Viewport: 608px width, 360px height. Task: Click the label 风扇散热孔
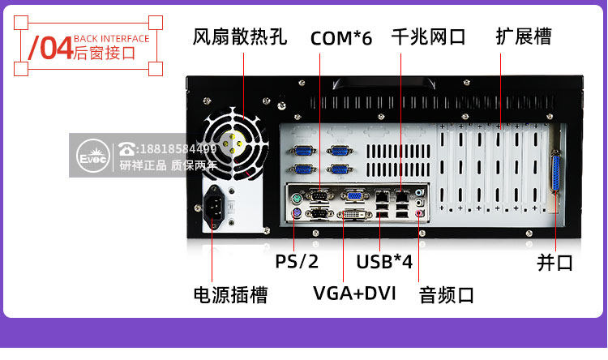pyautogui.click(x=240, y=36)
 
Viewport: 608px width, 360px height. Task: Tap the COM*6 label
pyautogui.click(x=341, y=38)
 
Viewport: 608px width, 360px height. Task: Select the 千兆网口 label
pyautogui.click(x=429, y=36)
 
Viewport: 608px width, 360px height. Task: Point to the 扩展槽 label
pyautogui.click(x=524, y=36)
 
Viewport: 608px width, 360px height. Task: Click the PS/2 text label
pyautogui.click(x=297, y=261)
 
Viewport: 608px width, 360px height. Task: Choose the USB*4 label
pyautogui.click(x=384, y=262)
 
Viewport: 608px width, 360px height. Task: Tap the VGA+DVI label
pyautogui.click(x=354, y=294)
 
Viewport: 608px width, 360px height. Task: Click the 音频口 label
pyautogui.click(x=447, y=295)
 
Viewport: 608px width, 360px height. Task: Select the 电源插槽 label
pyautogui.click(x=231, y=295)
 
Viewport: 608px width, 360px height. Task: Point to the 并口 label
pyautogui.click(x=554, y=263)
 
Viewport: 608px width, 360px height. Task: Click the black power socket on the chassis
pyautogui.click(x=214, y=207)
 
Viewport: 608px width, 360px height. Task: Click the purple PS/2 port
pyautogui.click(x=296, y=213)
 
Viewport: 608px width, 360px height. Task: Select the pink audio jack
pyautogui.click(x=419, y=213)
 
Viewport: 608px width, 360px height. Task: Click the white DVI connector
pyautogui.click(x=354, y=214)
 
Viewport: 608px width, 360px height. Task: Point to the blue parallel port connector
pyautogui.click(x=555, y=171)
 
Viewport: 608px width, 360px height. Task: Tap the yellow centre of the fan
pyautogui.click(x=232, y=144)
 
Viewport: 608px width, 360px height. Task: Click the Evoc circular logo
pyautogui.click(x=93, y=156)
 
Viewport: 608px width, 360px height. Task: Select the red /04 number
pyautogui.click(x=50, y=48)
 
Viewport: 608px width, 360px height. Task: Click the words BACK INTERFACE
pyautogui.click(x=112, y=39)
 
